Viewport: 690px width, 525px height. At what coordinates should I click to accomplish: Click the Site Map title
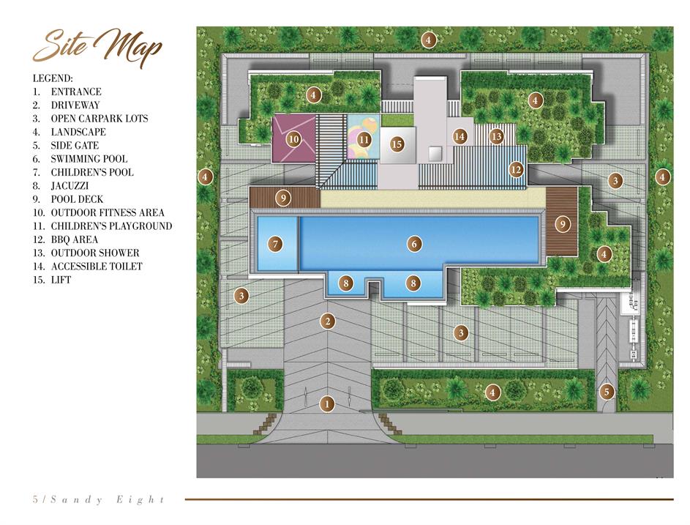pyautogui.click(x=98, y=48)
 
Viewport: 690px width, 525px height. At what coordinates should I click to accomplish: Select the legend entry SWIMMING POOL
pyautogui.click(x=89, y=159)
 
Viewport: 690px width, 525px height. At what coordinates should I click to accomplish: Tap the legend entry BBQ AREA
pyautogui.click(x=75, y=239)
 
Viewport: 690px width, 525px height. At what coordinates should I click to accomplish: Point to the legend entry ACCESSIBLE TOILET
pyautogui.click(x=97, y=267)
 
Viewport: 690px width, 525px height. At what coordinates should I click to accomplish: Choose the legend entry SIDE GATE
pyautogui.click(x=75, y=145)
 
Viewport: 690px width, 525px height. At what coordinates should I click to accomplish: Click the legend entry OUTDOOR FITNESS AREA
pyautogui.click(x=108, y=213)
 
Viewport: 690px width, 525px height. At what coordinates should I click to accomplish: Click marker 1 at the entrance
pyautogui.click(x=326, y=403)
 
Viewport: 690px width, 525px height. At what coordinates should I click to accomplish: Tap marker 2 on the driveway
pyautogui.click(x=327, y=321)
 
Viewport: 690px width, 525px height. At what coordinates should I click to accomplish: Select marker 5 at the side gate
pyautogui.click(x=607, y=392)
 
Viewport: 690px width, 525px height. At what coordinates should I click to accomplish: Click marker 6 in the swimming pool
pyautogui.click(x=414, y=244)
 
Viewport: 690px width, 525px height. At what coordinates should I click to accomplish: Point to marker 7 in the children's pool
pyautogui.click(x=275, y=244)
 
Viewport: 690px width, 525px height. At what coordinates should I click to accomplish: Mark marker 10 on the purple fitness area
pyautogui.click(x=293, y=140)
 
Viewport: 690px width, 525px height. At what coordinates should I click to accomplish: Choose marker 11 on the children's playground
pyautogui.click(x=364, y=140)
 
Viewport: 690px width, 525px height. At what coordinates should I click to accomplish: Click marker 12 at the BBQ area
pyautogui.click(x=516, y=170)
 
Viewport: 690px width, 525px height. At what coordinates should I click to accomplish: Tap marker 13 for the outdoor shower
pyautogui.click(x=497, y=136)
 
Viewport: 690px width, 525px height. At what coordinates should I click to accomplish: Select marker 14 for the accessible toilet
pyautogui.click(x=460, y=136)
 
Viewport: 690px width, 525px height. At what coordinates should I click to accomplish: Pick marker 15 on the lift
pyautogui.click(x=397, y=144)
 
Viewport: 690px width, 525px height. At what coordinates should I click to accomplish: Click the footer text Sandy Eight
pyautogui.click(x=108, y=499)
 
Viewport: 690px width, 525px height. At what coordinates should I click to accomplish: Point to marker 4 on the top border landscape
pyautogui.click(x=428, y=40)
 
